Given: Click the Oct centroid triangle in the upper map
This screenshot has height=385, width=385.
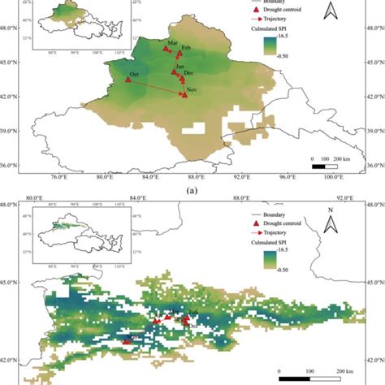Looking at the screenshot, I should [128, 79].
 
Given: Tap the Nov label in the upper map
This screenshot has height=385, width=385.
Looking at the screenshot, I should [193, 89].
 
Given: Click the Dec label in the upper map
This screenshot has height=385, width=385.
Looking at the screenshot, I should [189, 73].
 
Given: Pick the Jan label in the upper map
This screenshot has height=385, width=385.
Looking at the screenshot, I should [180, 67].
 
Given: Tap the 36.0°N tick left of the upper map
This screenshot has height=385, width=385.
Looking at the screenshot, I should [11, 166].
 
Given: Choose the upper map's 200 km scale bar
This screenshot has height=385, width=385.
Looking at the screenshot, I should [325, 167].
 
